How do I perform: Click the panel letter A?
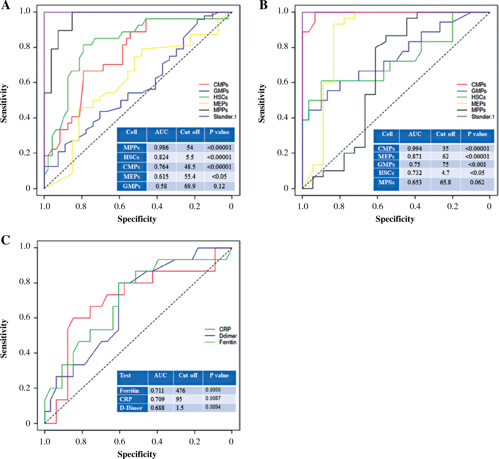[x=6, y=5]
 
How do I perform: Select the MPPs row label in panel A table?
[x=131, y=148]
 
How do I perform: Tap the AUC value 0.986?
[x=161, y=148]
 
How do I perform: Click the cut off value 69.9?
[x=190, y=186]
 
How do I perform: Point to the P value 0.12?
[x=219, y=186]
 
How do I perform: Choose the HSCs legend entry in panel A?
[x=220, y=97]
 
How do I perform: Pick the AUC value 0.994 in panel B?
[x=415, y=149]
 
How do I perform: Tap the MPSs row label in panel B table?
[x=386, y=182]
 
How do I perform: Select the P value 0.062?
[x=477, y=182]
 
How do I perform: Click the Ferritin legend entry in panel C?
[x=228, y=342]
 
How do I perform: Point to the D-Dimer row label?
[x=131, y=408]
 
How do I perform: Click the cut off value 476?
[x=181, y=391]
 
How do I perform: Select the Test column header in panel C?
[x=125, y=375]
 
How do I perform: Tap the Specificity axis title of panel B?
[x=395, y=219]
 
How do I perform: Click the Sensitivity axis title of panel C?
[x=4, y=338]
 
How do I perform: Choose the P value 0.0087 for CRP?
[x=213, y=398]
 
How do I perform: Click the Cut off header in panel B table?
[x=445, y=134]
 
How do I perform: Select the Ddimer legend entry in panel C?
[x=228, y=336]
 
